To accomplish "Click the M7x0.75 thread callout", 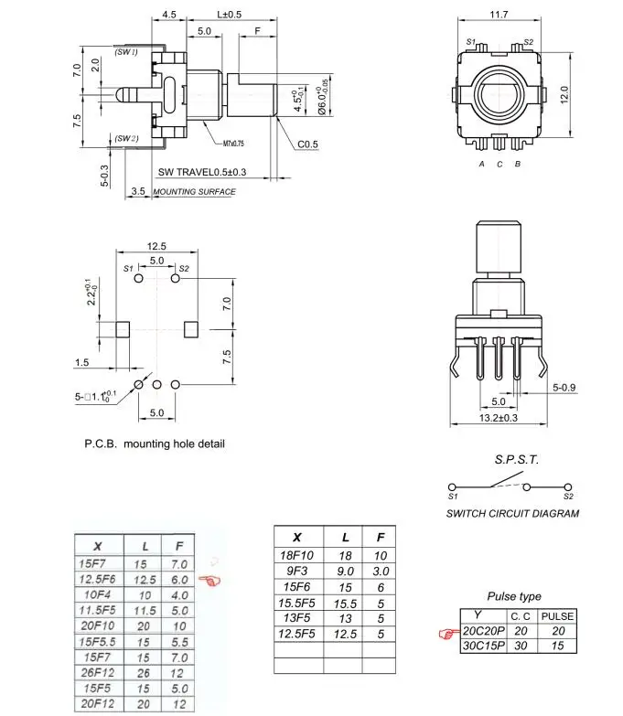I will [234, 144].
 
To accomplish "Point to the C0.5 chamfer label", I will [306, 144].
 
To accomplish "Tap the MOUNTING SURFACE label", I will [194, 192].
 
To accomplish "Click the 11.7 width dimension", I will [499, 16].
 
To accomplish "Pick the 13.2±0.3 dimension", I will [499, 417].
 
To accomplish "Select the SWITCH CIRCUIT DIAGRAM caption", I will [512, 513].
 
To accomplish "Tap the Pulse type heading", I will [513, 596].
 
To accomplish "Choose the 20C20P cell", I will [483, 631].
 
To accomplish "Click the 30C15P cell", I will [483, 646].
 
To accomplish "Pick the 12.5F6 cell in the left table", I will [98, 580].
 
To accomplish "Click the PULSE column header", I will [557, 616].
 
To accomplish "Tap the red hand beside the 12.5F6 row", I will [211, 580].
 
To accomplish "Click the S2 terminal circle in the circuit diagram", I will [569, 486].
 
